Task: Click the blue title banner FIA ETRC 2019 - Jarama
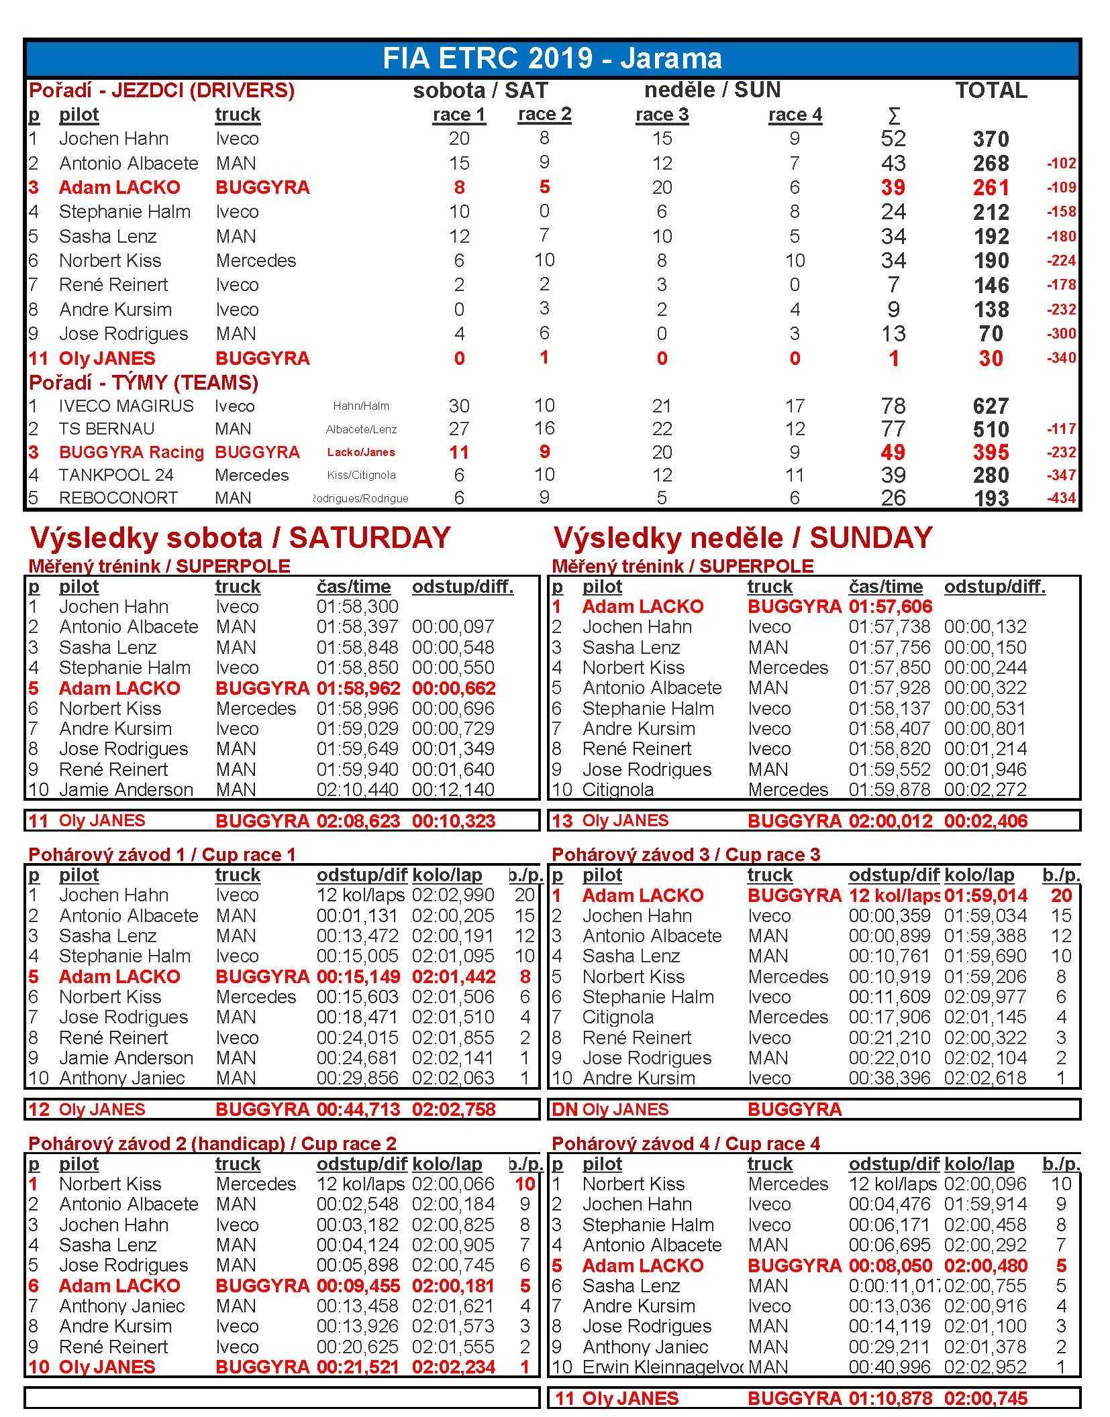click(552, 58)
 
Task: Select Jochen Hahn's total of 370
click(991, 139)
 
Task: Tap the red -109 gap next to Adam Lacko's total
click(1060, 188)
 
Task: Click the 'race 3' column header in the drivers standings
click(662, 115)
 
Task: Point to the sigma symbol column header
click(893, 116)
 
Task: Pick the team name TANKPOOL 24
click(116, 475)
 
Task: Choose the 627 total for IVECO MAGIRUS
click(991, 406)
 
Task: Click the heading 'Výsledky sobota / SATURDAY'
click(240, 538)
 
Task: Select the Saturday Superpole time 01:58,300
click(357, 607)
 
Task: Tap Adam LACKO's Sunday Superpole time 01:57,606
click(890, 607)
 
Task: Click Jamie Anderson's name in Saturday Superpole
click(125, 789)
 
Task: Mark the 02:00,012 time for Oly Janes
click(890, 821)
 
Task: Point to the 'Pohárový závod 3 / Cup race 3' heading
click(686, 854)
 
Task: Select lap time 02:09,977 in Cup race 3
click(985, 997)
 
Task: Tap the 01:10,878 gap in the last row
click(890, 1398)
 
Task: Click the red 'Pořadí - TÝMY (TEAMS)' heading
click(144, 382)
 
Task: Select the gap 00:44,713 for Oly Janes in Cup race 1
click(358, 1109)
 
